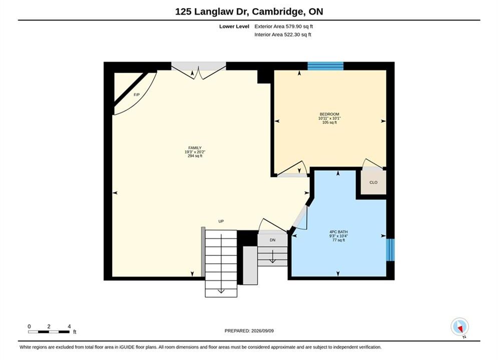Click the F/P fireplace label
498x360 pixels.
coord(137,94)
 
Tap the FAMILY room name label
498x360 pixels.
coord(195,148)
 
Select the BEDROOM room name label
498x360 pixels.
coord(329,114)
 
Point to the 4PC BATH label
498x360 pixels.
coord(338,232)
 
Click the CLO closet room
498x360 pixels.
coord(373,182)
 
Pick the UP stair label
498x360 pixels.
coord(221,221)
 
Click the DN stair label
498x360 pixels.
coord(272,240)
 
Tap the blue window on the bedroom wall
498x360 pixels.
coord(325,66)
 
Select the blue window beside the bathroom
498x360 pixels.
coord(390,250)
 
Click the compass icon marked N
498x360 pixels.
coord(459,326)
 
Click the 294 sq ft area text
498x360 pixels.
coord(195,156)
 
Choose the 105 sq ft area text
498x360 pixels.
coord(329,122)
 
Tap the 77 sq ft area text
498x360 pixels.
coord(338,240)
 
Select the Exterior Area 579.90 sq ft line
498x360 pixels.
coord(284,26)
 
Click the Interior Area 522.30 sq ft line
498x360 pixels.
coord(283,34)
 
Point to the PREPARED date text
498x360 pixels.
coord(249,331)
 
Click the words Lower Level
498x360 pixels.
coord(234,26)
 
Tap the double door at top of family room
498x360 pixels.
coord(199,70)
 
